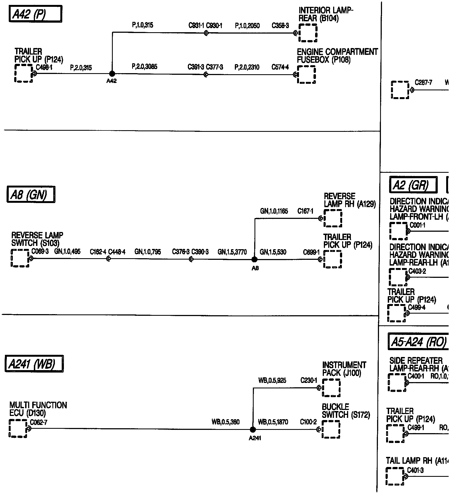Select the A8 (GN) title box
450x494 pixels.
[x=31, y=195]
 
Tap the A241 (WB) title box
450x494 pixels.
[x=34, y=364]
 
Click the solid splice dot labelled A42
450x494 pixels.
[x=112, y=74]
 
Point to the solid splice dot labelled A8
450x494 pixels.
[x=254, y=259]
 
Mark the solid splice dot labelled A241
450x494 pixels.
[x=253, y=429]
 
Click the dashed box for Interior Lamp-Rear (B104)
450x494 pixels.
[x=308, y=33]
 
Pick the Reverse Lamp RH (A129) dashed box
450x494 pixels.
[x=333, y=218]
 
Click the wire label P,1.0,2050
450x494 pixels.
[x=247, y=26]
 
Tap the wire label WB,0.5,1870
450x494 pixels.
[x=273, y=422]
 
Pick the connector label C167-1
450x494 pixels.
[x=305, y=211]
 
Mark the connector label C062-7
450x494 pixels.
[x=39, y=422]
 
